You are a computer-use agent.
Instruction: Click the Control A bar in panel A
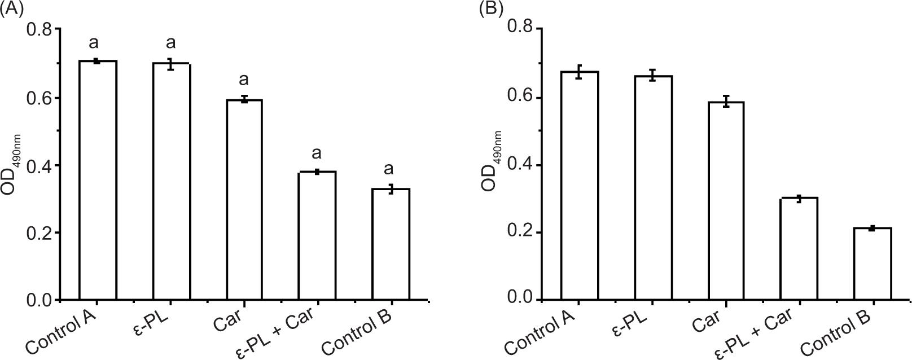tap(98, 181)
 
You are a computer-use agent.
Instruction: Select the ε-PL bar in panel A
tap(171, 182)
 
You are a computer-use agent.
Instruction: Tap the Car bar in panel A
tap(244, 200)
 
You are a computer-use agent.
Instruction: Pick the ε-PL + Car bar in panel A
tap(317, 235)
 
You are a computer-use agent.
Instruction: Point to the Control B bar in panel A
tap(391, 244)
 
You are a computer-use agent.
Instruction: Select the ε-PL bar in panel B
tap(653, 187)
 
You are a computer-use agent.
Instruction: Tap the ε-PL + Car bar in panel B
tap(799, 248)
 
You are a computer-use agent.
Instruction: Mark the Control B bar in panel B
tap(872, 264)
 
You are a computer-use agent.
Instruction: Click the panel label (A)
tap(12, 10)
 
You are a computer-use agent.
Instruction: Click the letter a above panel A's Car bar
tap(244, 79)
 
